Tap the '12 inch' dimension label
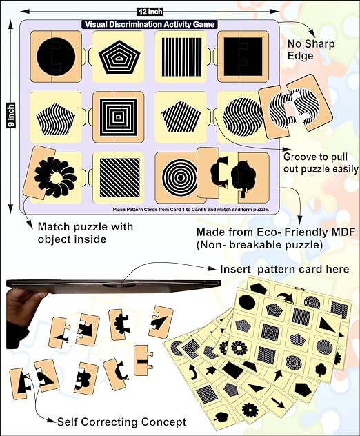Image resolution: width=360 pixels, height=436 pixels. pos(150,11)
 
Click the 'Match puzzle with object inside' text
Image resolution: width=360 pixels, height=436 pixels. pos(81,232)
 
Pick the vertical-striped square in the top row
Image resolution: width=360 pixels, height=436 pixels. pos(179,55)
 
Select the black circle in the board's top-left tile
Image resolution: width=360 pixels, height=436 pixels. pos(52,55)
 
